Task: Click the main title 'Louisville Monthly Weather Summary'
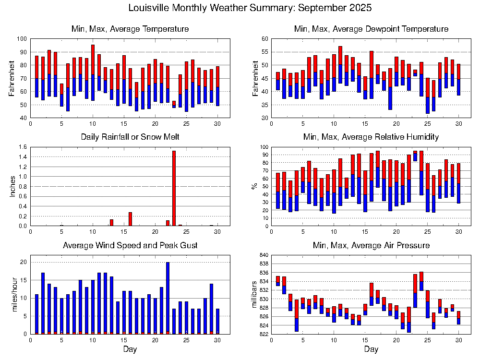[250, 8]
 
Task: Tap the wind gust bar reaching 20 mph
[168, 298]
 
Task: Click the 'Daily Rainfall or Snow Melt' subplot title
[130, 137]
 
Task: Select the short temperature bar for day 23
[174, 104]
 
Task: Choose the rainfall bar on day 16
[130, 219]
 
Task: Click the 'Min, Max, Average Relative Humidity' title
[371, 137]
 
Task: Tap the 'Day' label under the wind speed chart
[130, 349]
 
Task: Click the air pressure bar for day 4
[297, 315]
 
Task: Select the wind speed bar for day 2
[43, 303]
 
